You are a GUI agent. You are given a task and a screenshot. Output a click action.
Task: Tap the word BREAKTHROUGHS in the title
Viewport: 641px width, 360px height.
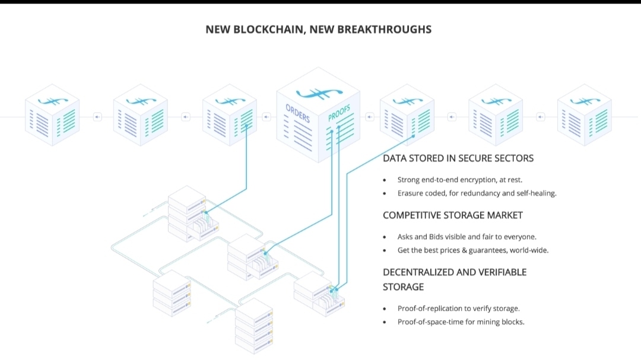tap(384, 29)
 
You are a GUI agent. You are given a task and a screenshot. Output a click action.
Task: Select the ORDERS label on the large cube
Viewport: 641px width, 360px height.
tap(297, 113)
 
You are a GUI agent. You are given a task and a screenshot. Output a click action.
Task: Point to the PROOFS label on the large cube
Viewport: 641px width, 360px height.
tap(339, 113)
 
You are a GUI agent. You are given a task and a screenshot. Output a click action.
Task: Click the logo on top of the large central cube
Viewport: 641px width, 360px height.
tap(319, 93)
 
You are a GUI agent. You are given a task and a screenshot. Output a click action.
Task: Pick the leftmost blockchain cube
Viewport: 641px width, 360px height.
tap(52, 115)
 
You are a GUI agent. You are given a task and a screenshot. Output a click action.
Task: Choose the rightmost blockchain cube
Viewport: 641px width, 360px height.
tap(584, 115)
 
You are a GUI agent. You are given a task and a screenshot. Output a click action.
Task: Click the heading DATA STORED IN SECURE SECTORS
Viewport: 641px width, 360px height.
tap(458, 158)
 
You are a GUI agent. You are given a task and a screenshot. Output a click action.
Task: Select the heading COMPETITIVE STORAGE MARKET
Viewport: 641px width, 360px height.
tap(453, 215)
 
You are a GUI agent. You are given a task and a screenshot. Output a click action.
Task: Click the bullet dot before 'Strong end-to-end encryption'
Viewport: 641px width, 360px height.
tap(385, 180)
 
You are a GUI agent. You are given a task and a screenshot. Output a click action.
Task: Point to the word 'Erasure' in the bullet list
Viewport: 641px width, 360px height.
tap(411, 193)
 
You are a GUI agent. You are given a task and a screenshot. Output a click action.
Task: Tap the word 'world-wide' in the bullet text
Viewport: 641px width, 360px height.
tap(529, 250)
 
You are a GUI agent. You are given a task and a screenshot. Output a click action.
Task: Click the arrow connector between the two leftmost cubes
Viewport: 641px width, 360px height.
tap(97, 117)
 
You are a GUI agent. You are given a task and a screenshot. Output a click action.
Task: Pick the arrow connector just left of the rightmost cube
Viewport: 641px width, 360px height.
tap(540, 117)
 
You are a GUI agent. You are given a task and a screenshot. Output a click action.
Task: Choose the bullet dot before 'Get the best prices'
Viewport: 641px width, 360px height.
tap(385, 250)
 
